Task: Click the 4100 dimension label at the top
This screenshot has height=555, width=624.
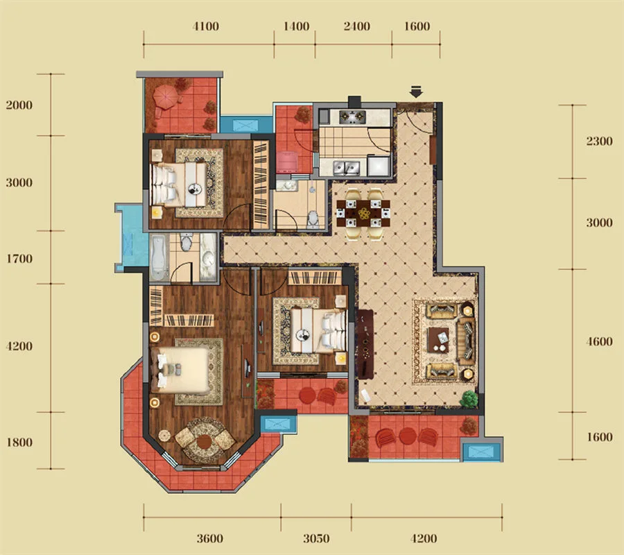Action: pos(205,26)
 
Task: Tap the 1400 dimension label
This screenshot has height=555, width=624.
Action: pos(296,26)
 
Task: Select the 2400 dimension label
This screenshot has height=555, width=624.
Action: pos(356,26)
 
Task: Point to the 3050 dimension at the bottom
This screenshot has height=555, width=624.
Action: pos(316,538)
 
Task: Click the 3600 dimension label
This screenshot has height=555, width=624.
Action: pos(209,538)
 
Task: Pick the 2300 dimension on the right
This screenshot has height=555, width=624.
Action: pos(599,141)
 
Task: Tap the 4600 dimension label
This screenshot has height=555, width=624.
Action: pos(599,341)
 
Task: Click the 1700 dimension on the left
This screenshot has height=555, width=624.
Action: pos(19,259)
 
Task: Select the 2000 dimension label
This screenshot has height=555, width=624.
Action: pos(19,105)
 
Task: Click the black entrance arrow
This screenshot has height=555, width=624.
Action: pos(416,92)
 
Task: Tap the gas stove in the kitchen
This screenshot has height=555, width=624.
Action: pos(352,117)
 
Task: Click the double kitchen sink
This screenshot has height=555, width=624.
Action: pos(346,168)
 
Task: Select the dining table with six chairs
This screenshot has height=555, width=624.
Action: pos(363,214)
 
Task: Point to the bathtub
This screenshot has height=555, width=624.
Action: pos(159,257)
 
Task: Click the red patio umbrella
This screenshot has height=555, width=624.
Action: pos(166,97)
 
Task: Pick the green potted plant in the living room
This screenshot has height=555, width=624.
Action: pos(469,399)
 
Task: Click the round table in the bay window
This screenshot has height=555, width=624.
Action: pos(204,441)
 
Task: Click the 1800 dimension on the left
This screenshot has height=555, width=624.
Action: pos(19,443)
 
